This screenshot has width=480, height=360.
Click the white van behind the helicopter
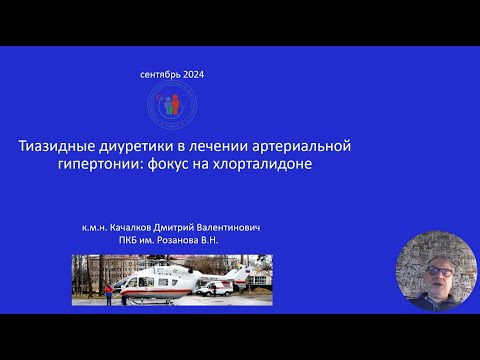tap(215, 287)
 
